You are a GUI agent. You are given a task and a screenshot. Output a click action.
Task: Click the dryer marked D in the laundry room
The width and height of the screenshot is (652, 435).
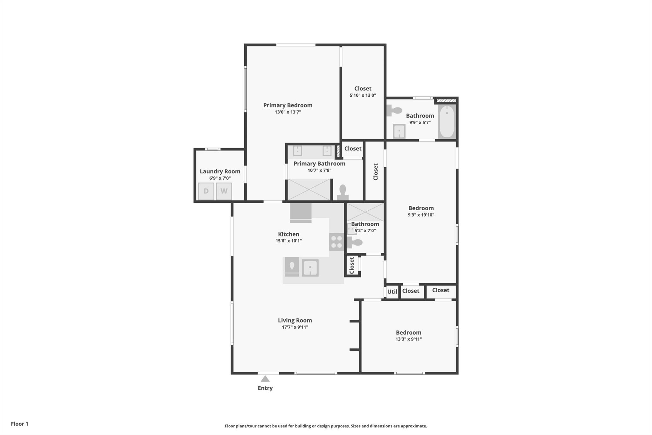pyautogui.click(x=206, y=191)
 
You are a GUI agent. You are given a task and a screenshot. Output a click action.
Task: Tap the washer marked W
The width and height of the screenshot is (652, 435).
pyautogui.click(x=224, y=191)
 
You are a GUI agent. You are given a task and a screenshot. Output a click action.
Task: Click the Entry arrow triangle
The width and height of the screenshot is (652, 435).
pyautogui.click(x=265, y=379)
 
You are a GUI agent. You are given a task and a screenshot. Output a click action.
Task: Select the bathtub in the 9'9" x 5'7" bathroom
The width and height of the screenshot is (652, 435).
pyautogui.click(x=447, y=121)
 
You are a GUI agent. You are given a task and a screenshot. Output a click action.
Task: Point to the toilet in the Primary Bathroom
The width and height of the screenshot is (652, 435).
pyautogui.click(x=343, y=192)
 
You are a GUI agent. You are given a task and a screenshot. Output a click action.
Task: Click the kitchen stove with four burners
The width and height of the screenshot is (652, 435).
pyautogui.click(x=337, y=242)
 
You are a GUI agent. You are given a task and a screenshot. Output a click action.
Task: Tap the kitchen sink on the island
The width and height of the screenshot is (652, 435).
pyautogui.click(x=310, y=268)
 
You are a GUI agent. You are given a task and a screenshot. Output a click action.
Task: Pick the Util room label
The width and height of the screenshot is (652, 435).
pyautogui.click(x=392, y=292)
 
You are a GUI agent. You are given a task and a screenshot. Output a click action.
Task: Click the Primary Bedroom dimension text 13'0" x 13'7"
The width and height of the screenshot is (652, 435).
pyautogui.click(x=288, y=112)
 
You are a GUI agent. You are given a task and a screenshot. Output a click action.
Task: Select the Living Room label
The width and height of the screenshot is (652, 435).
pyautogui.click(x=295, y=320)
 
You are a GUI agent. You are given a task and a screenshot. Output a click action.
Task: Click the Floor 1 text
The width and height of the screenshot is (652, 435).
pyautogui.click(x=19, y=424)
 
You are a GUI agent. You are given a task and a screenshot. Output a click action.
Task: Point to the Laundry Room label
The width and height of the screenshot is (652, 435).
pyautogui.click(x=220, y=171)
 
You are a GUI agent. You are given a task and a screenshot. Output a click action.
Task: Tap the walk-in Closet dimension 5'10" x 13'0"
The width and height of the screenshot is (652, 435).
pyautogui.click(x=363, y=95)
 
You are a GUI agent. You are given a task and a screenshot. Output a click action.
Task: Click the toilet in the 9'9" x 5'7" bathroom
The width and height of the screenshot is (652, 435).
pyautogui.click(x=394, y=111)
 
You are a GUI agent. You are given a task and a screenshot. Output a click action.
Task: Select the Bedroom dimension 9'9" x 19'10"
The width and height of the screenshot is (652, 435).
pyautogui.click(x=421, y=215)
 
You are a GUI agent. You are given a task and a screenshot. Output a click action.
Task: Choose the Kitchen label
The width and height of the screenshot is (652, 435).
pyautogui.click(x=288, y=234)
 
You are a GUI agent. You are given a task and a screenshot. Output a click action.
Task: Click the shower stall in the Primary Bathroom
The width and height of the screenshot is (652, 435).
pyautogui.click(x=309, y=190)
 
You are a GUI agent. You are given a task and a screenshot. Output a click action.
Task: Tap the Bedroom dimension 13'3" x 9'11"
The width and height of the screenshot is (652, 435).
pyautogui.click(x=408, y=339)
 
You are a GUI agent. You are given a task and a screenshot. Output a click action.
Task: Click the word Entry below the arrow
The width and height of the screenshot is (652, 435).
pyautogui.click(x=265, y=388)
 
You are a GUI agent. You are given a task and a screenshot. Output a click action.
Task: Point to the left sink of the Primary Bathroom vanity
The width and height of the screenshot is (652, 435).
pyautogui.click(x=297, y=151)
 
